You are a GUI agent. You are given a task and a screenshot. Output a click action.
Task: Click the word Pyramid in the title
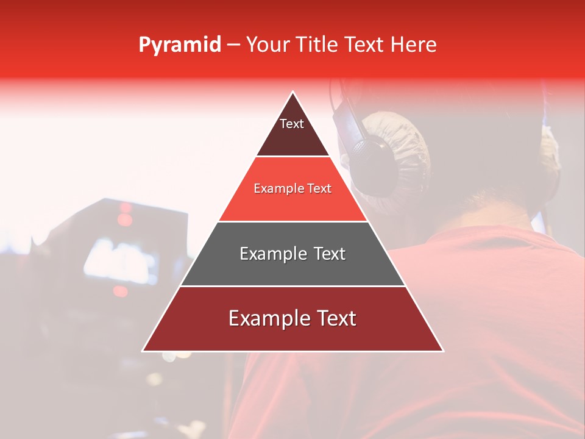point(180,45)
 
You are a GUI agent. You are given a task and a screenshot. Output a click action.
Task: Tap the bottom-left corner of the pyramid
point(143,351)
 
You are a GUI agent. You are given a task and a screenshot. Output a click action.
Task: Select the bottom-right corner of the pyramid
point(443,351)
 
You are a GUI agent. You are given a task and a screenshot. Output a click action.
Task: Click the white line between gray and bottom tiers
point(292,286)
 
